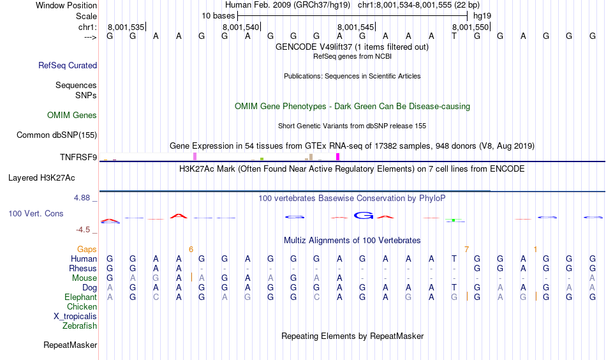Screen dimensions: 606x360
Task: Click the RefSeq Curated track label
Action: pyautogui.click(x=68, y=65)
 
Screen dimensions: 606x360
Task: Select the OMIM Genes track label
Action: pyautogui.click(x=72, y=116)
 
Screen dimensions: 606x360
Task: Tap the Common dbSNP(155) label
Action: pyautogui.click(x=57, y=135)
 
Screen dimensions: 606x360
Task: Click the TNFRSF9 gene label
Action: pyautogui.click(x=78, y=157)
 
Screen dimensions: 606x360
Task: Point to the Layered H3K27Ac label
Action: pyautogui.click(x=41, y=178)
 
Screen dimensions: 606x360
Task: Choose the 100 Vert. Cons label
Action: pyautogui.click(x=36, y=213)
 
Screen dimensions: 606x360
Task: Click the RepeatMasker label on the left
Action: pyautogui.click(x=70, y=345)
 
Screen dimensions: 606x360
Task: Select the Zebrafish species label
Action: pyautogui.click(x=80, y=326)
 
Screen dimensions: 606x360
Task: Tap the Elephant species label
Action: pyautogui.click(x=81, y=297)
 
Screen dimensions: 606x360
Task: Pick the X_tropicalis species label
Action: pyautogui.click(x=75, y=317)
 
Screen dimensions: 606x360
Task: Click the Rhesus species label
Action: pyautogui.click(x=83, y=268)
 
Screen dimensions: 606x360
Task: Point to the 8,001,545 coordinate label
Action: pyautogui.click(x=355, y=27)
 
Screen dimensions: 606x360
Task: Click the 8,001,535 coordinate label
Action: pyautogui.click(x=126, y=27)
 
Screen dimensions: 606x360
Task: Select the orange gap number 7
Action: pyautogui.click(x=466, y=250)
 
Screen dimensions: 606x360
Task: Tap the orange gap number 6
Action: pyautogui.click(x=191, y=250)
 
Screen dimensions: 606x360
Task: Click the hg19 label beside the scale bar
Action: pyautogui.click(x=482, y=16)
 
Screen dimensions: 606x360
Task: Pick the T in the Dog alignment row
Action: pyautogui.click(x=454, y=288)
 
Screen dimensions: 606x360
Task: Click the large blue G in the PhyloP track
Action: pyautogui.click(x=364, y=215)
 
